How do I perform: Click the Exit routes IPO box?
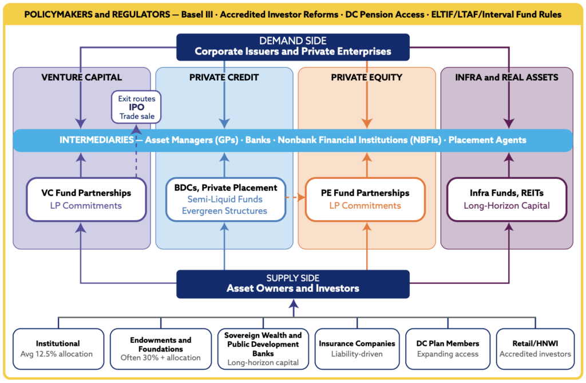click(136, 107)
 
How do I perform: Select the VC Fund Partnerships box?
click(86, 200)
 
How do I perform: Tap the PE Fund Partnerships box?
click(365, 200)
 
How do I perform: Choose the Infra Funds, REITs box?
click(507, 200)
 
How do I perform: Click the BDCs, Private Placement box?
click(225, 200)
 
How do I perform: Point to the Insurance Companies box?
click(357, 349)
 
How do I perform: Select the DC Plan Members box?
click(448, 349)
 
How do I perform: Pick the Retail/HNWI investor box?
click(535, 349)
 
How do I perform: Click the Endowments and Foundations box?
click(161, 349)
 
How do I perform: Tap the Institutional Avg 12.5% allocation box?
click(58, 349)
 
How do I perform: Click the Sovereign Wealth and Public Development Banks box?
click(263, 349)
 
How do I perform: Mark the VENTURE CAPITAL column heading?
click(81, 77)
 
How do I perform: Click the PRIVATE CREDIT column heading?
click(224, 77)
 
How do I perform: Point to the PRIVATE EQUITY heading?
click(367, 77)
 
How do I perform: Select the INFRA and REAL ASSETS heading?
click(507, 77)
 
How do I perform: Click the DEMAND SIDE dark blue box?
click(293, 47)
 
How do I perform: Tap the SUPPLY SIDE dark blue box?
click(293, 284)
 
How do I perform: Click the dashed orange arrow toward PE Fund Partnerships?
click(296, 197)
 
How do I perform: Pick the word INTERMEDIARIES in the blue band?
click(96, 140)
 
